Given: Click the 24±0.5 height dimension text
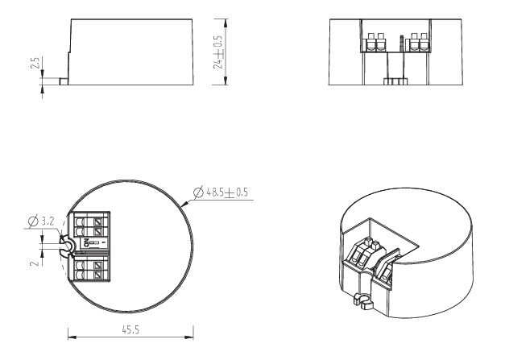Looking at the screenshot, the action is point(218,52).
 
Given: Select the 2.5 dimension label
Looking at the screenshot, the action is point(35,63).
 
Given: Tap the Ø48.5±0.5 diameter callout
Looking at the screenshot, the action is point(221,192).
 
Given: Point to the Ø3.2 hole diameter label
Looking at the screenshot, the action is point(42,221).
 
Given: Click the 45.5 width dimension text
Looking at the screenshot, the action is point(130,329).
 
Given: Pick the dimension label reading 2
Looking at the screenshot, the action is point(35,263).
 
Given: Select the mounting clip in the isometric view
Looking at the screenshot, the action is point(363,301).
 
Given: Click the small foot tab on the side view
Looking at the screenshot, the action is point(64,81).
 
